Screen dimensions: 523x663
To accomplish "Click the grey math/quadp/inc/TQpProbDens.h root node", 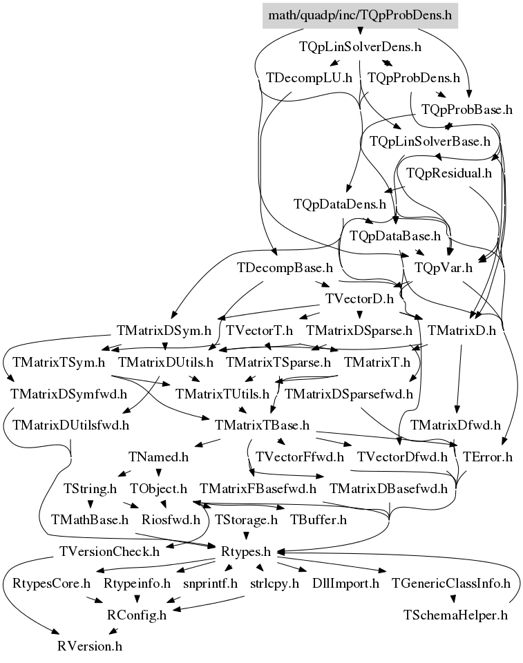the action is click(360, 16).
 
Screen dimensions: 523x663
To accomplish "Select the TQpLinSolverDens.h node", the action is click(360, 46).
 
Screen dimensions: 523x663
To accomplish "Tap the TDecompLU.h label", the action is click(309, 78).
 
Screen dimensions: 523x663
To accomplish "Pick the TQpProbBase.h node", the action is click(467, 110).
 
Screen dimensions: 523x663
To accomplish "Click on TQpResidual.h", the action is click(449, 173).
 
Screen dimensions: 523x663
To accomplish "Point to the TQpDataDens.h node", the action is click(340, 204).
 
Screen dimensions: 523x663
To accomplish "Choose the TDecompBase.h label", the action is click(285, 268).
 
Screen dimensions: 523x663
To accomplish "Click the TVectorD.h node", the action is click(359, 299).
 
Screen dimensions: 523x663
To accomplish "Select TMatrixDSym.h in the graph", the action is click(164, 330).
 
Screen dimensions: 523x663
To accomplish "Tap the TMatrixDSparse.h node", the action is click(359, 330).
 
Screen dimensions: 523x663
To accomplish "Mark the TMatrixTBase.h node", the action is click(262, 425).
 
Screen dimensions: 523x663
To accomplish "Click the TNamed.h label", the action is click(158, 457).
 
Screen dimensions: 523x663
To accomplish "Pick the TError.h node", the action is click(488, 457).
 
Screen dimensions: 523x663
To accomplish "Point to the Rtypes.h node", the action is click(246, 551).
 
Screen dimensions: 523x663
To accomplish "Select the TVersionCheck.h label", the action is click(110, 551).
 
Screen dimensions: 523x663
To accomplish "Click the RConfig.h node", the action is click(137, 615).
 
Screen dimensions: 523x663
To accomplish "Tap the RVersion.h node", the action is click(90, 646).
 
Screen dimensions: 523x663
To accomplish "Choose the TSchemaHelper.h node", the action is click(455, 615).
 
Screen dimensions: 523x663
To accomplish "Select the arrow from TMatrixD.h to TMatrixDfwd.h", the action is click(459, 379).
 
